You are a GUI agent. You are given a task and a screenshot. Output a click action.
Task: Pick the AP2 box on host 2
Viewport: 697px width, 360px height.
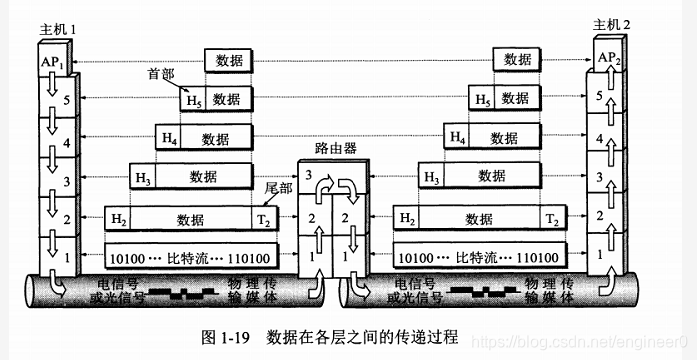pos(609,57)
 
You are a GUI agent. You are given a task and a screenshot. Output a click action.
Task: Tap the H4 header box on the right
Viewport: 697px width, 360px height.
pos(457,137)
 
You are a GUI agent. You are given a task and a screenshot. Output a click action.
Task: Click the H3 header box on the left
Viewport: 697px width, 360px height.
pos(143,177)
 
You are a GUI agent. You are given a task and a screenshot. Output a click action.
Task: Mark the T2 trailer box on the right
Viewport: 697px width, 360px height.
pos(551,218)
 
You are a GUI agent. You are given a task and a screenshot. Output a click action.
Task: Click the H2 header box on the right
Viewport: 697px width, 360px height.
pos(406,218)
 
